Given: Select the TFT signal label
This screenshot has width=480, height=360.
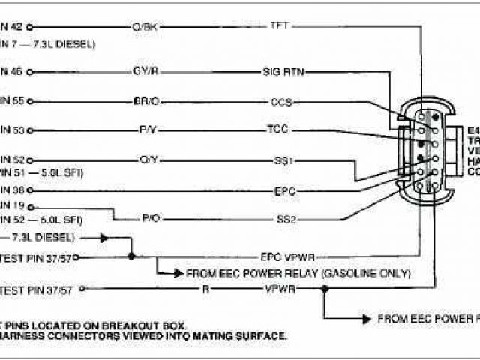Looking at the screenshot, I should [x=280, y=26].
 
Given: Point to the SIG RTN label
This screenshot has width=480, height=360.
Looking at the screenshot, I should [x=283, y=72].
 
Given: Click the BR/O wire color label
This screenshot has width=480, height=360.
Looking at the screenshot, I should [x=144, y=101].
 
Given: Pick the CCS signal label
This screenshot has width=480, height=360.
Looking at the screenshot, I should [x=281, y=101].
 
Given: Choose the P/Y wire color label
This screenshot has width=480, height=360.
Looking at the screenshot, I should [x=147, y=130].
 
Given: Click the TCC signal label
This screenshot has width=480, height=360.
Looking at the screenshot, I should [x=277, y=129].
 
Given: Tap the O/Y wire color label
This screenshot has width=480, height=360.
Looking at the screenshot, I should [x=147, y=160].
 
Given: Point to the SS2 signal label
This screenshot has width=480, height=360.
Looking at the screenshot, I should [x=285, y=219].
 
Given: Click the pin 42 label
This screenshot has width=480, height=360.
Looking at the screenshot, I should [x=10, y=27].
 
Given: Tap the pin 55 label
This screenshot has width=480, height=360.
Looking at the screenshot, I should [x=11, y=100].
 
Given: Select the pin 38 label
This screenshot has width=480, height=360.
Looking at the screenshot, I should [x=10, y=190].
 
